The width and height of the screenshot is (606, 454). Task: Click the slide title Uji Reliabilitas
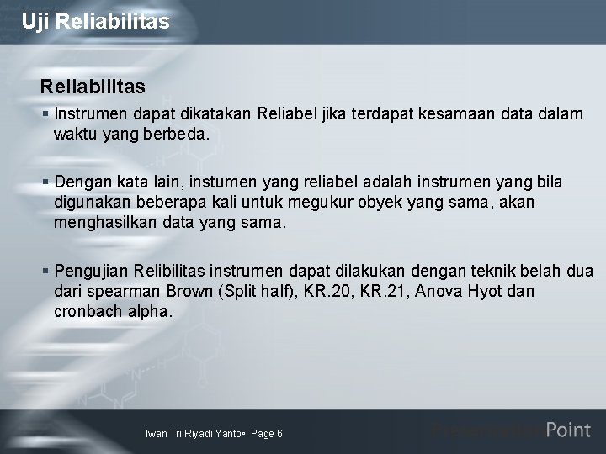[x=96, y=21]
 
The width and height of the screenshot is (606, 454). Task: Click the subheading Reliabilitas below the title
[x=93, y=87]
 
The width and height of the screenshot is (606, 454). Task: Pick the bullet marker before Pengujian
[x=45, y=272]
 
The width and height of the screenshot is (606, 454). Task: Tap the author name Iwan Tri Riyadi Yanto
[x=193, y=434]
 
